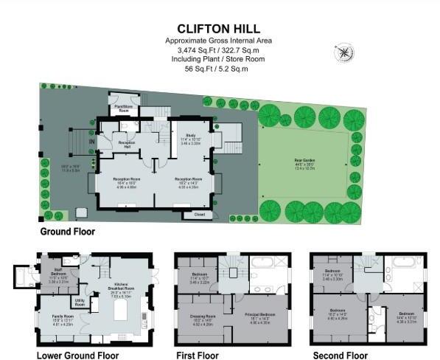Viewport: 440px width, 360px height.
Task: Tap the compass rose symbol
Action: (343, 53)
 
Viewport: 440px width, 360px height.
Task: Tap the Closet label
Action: (198, 214)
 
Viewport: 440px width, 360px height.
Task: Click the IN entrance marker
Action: (92, 142)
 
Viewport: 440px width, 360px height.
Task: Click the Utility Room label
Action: (81, 302)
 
